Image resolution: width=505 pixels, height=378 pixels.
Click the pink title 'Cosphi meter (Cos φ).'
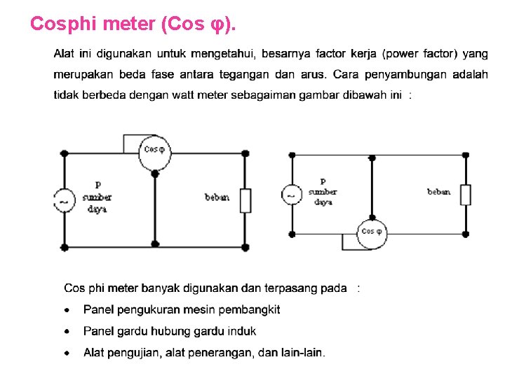point(133,24)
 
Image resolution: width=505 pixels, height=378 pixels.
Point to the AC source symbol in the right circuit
point(292,194)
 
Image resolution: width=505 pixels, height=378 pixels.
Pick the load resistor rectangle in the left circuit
point(245,200)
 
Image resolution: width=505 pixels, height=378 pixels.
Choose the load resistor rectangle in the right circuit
point(466,194)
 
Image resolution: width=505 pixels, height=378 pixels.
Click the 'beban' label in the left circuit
point(217,197)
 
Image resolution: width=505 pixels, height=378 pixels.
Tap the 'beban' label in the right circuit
point(439,192)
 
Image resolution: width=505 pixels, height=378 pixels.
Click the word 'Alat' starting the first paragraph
point(64,54)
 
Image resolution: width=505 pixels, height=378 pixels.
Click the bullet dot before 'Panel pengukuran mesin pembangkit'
point(67,309)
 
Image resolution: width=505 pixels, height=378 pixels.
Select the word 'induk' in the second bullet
point(242,331)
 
